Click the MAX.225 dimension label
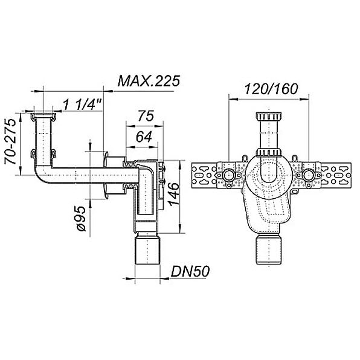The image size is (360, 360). tap(149, 81)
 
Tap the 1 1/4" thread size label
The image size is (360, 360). tap(82, 104)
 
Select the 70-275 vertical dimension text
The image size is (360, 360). tap(10, 141)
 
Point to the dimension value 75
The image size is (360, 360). tap(146, 116)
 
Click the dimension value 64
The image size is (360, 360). tap(144, 137)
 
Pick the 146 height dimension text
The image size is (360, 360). tap(173, 194)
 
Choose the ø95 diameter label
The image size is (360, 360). tap(82, 218)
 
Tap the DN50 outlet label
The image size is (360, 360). tap(190, 272)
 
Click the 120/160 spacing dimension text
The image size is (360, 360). tap(271, 89)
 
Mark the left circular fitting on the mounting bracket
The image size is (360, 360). tap(228, 176)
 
